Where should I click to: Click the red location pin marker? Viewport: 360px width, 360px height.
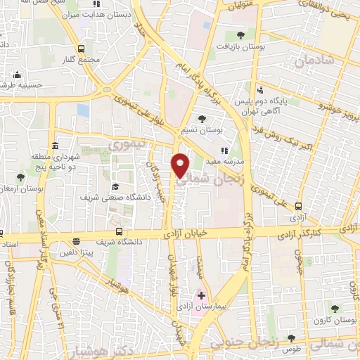(181, 165)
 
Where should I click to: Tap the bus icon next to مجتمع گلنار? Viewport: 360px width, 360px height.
(82, 49)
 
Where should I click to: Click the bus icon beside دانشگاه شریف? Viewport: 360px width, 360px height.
(120, 232)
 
